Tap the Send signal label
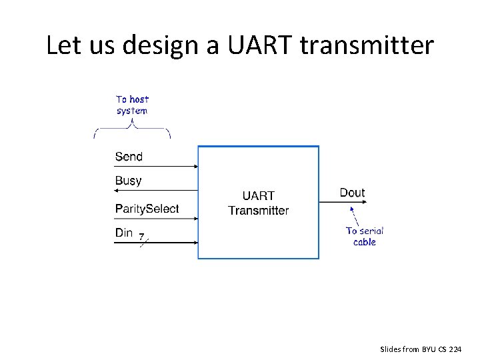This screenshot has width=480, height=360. pos(129,157)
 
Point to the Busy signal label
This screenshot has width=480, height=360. pos(128,181)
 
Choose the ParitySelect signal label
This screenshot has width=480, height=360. pos(147,209)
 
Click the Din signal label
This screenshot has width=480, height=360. pos(124,233)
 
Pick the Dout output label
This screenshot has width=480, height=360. pos(352,193)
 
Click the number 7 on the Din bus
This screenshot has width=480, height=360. pos(141,235)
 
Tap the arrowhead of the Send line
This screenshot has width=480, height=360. pos(195,167)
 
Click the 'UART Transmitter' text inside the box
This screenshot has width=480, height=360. pos(258,203)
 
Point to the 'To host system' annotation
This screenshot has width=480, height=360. pos(132,105)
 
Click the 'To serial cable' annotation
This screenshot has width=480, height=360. pos(364,237)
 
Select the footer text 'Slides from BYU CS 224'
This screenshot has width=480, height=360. pos(420,349)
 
